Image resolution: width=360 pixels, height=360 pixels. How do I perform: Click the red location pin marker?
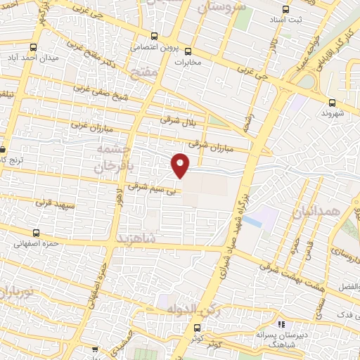click(181, 165)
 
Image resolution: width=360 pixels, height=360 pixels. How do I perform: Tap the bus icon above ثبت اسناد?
click(285, 10)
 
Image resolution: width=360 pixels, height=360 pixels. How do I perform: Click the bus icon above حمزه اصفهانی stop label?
click(33, 233)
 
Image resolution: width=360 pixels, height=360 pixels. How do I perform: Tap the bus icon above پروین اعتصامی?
click(155, 37)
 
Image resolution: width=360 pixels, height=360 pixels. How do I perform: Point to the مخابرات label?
click(187, 61)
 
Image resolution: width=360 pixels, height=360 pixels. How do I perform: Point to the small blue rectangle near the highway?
click(252, 224)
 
